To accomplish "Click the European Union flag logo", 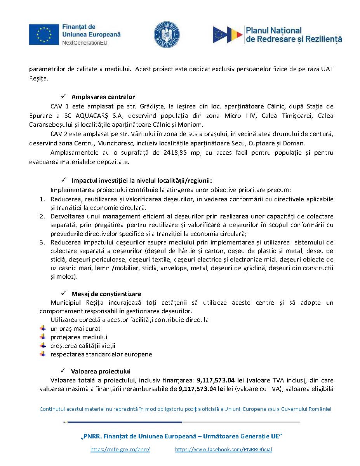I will tap(44, 34).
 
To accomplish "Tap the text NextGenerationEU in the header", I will tap(85, 43).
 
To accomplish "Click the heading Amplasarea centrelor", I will tap(103, 97).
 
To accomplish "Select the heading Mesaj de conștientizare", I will tap(106, 294).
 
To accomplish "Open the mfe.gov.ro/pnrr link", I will tap(120, 449).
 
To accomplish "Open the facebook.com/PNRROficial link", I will tap(223, 449).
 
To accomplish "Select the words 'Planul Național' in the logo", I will tap(274, 30).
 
